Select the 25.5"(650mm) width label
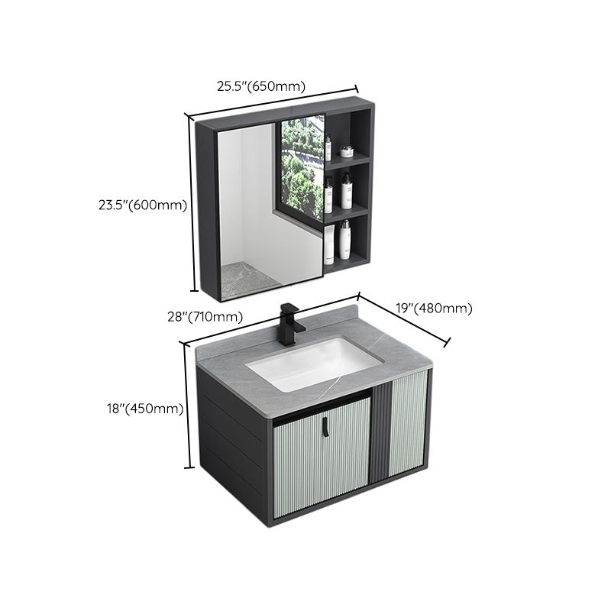(260, 86)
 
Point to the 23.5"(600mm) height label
(142, 205)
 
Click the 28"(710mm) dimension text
(207, 316)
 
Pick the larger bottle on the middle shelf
(346, 191)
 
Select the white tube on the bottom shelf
(329, 243)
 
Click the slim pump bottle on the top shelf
(328, 147)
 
